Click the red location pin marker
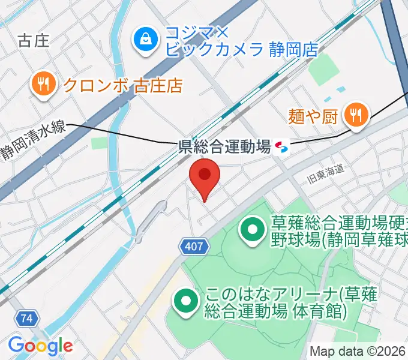point(205,177)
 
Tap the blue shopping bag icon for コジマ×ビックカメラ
point(145,40)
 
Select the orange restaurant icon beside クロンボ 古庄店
point(43,83)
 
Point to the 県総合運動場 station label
point(225,146)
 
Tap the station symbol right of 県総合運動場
point(281,146)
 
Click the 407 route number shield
point(194,245)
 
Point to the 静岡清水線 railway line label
point(34,142)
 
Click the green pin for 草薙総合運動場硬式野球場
point(253,229)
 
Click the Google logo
point(40,345)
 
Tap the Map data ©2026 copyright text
point(358,352)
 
